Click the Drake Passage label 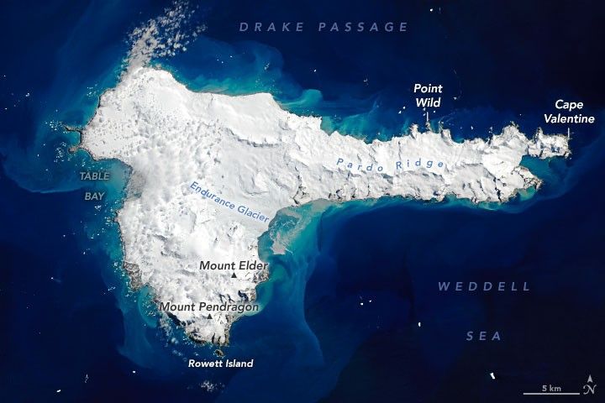(x=324, y=27)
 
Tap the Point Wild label (x=428, y=95)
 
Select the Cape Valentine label (x=574, y=112)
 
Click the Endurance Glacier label (x=229, y=201)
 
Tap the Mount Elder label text (x=234, y=266)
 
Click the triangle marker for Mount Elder (x=234, y=275)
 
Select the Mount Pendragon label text (x=209, y=307)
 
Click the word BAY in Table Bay (x=93, y=195)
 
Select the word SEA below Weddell (x=484, y=336)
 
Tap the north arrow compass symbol (x=588, y=388)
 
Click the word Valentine (x=574, y=119)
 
